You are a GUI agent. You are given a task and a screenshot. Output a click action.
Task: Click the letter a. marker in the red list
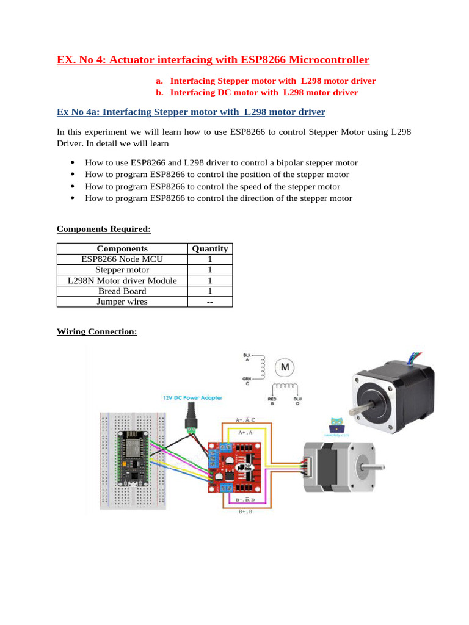[x=160, y=81]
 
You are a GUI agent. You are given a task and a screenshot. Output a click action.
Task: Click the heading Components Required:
[x=103, y=229]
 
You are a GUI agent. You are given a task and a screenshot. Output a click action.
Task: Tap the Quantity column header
[x=209, y=248]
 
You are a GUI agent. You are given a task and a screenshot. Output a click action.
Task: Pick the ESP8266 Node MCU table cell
[x=122, y=259]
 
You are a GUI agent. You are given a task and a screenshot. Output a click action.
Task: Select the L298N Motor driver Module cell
[x=122, y=280]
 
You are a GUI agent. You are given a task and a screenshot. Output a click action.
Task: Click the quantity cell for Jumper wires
[x=209, y=302]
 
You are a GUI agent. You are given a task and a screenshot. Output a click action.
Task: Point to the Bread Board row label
[x=122, y=291]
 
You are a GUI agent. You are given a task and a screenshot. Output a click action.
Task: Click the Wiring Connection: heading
[x=96, y=331]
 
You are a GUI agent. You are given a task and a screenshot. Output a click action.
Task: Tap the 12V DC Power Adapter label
[x=192, y=397]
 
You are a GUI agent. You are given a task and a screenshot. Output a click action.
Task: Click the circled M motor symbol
[x=285, y=367]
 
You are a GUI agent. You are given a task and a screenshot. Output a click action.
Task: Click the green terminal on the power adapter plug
[x=193, y=430]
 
